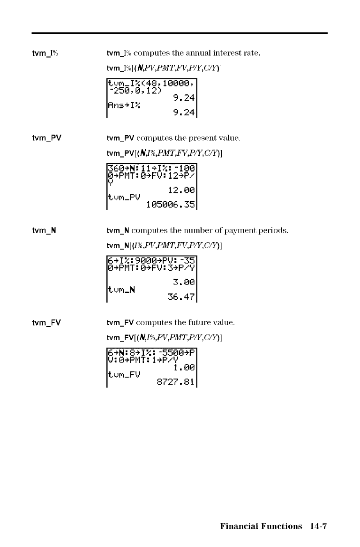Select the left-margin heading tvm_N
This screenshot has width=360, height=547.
tap(45, 231)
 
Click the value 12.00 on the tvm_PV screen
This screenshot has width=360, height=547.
tap(181, 190)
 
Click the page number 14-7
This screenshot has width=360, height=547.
tap(317, 526)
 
